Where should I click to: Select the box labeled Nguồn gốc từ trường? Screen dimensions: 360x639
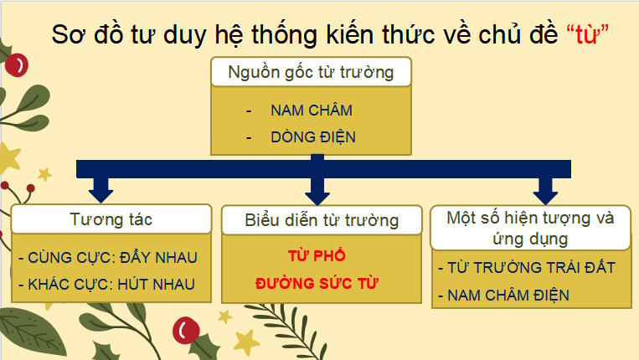(x=311, y=72)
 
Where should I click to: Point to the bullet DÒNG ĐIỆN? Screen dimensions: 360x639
(x=313, y=136)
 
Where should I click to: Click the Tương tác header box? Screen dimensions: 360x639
(x=111, y=219)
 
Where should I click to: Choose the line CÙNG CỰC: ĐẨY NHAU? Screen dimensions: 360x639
(x=107, y=257)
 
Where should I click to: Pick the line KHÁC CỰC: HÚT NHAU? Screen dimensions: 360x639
(x=106, y=284)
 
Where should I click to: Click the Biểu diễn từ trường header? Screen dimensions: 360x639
(x=322, y=221)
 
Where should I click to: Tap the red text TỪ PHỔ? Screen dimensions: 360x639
(x=316, y=255)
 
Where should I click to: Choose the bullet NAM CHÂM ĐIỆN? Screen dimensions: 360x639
(x=508, y=295)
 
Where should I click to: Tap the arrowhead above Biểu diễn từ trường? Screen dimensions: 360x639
(x=317, y=195)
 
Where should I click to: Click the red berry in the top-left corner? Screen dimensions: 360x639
(x=18, y=63)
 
